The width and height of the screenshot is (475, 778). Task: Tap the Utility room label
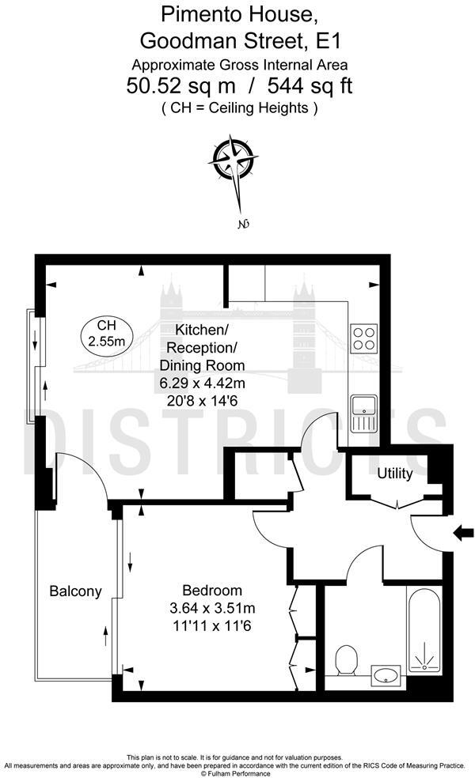(x=394, y=474)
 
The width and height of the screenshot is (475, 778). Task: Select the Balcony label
(x=75, y=591)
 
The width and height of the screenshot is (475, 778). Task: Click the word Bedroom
(x=211, y=591)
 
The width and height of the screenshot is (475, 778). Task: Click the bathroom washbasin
(x=386, y=674)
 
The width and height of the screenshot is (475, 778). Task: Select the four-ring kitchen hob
(x=363, y=338)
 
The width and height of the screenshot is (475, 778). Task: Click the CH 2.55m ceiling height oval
(x=106, y=334)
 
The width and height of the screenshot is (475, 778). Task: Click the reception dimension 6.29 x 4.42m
(x=203, y=383)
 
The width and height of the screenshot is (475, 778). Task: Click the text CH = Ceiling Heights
(x=239, y=108)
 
